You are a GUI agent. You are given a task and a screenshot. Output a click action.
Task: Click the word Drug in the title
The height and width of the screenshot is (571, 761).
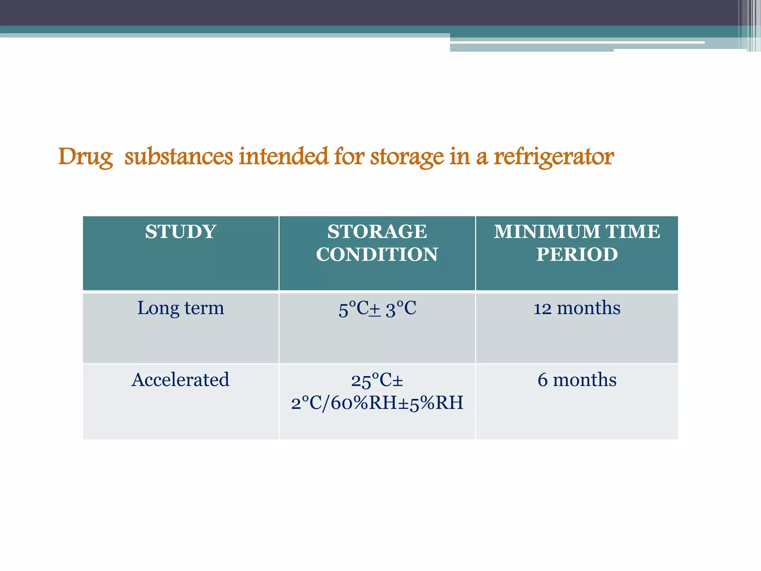(x=85, y=157)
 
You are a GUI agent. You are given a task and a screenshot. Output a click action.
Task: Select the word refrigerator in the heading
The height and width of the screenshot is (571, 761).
(x=554, y=157)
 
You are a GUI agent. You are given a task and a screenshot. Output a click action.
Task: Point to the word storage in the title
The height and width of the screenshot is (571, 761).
(x=407, y=157)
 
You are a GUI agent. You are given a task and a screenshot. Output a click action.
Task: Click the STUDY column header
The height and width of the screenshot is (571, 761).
(x=181, y=232)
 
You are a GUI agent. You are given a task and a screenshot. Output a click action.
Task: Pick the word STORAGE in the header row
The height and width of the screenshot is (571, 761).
(x=377, y=232)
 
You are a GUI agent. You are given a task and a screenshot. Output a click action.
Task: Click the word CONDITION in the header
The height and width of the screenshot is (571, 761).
(x=377, y=255)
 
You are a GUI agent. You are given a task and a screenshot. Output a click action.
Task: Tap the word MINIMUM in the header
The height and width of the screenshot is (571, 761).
(x=547, y=232)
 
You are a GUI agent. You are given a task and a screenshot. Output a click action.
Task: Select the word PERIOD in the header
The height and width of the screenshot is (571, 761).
(x=577, y=255)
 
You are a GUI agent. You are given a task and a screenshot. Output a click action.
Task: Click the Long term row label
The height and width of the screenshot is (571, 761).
(x=181, y=308)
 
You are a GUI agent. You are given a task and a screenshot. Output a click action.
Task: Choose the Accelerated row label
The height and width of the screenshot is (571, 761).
(x=181, y=380)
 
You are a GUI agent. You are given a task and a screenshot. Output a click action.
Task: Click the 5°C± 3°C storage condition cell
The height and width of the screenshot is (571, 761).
(x=377, y=309)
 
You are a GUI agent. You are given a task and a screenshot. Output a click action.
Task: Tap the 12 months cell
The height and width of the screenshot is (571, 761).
(x=577, y=308)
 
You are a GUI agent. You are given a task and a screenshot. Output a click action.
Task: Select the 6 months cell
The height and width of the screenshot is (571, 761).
(x=577, y=380)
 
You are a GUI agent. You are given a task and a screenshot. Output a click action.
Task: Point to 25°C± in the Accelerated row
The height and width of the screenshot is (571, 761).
(x=377, y=380)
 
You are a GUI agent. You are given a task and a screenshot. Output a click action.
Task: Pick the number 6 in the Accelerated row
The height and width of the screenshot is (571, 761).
(x=543, y=380)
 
